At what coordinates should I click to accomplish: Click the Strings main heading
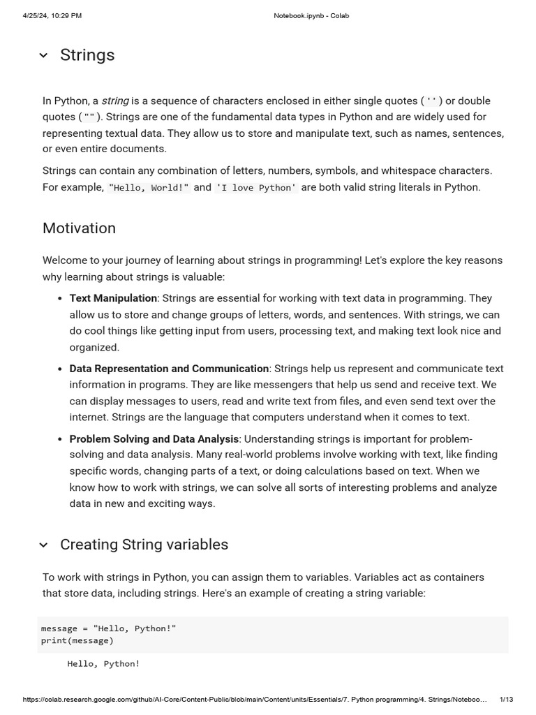click(x=87, y=55)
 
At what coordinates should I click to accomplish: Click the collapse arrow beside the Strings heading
click(x=43, y=56)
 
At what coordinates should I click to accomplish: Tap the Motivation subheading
click(x=79, y=228)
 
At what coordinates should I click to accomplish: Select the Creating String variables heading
click(x=144, y=545)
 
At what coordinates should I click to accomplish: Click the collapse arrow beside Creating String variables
click(x=43, y=545)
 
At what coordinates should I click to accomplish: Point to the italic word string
click(x=115, y=101)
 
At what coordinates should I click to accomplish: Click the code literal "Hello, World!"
click(x=149, y=188)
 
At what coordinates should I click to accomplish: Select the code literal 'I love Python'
click(x=256, y=188)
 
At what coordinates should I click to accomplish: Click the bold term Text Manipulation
click(x=113, y=298)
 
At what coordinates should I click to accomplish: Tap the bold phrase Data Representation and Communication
click(x=169, y=369)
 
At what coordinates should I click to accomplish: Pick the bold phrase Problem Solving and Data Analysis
click(x=154, y=439)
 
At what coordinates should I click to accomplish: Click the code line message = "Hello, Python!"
click(x=108, y=628)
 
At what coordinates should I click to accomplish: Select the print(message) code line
click(x=77, y=640)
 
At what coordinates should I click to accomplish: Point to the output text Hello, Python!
click(x=103, y=664)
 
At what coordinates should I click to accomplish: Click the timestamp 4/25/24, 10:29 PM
click(x=52, y=15)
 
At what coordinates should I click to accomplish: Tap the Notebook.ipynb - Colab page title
click(x=311, y=15)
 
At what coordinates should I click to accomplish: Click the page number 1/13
click(x=507, y=699)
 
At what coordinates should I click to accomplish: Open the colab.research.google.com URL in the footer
click(x=255, y=699)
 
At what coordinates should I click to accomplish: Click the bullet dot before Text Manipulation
click(x=60, y=299)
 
